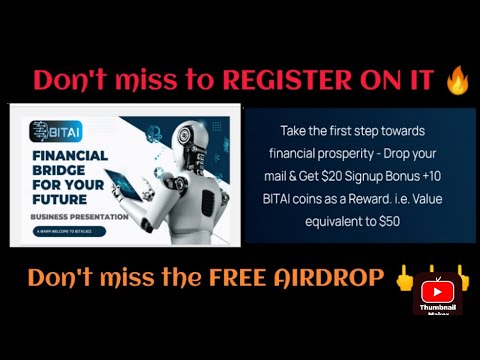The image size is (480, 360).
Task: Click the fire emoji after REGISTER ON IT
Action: [458, 79]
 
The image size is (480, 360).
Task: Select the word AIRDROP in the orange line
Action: [328, 277]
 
